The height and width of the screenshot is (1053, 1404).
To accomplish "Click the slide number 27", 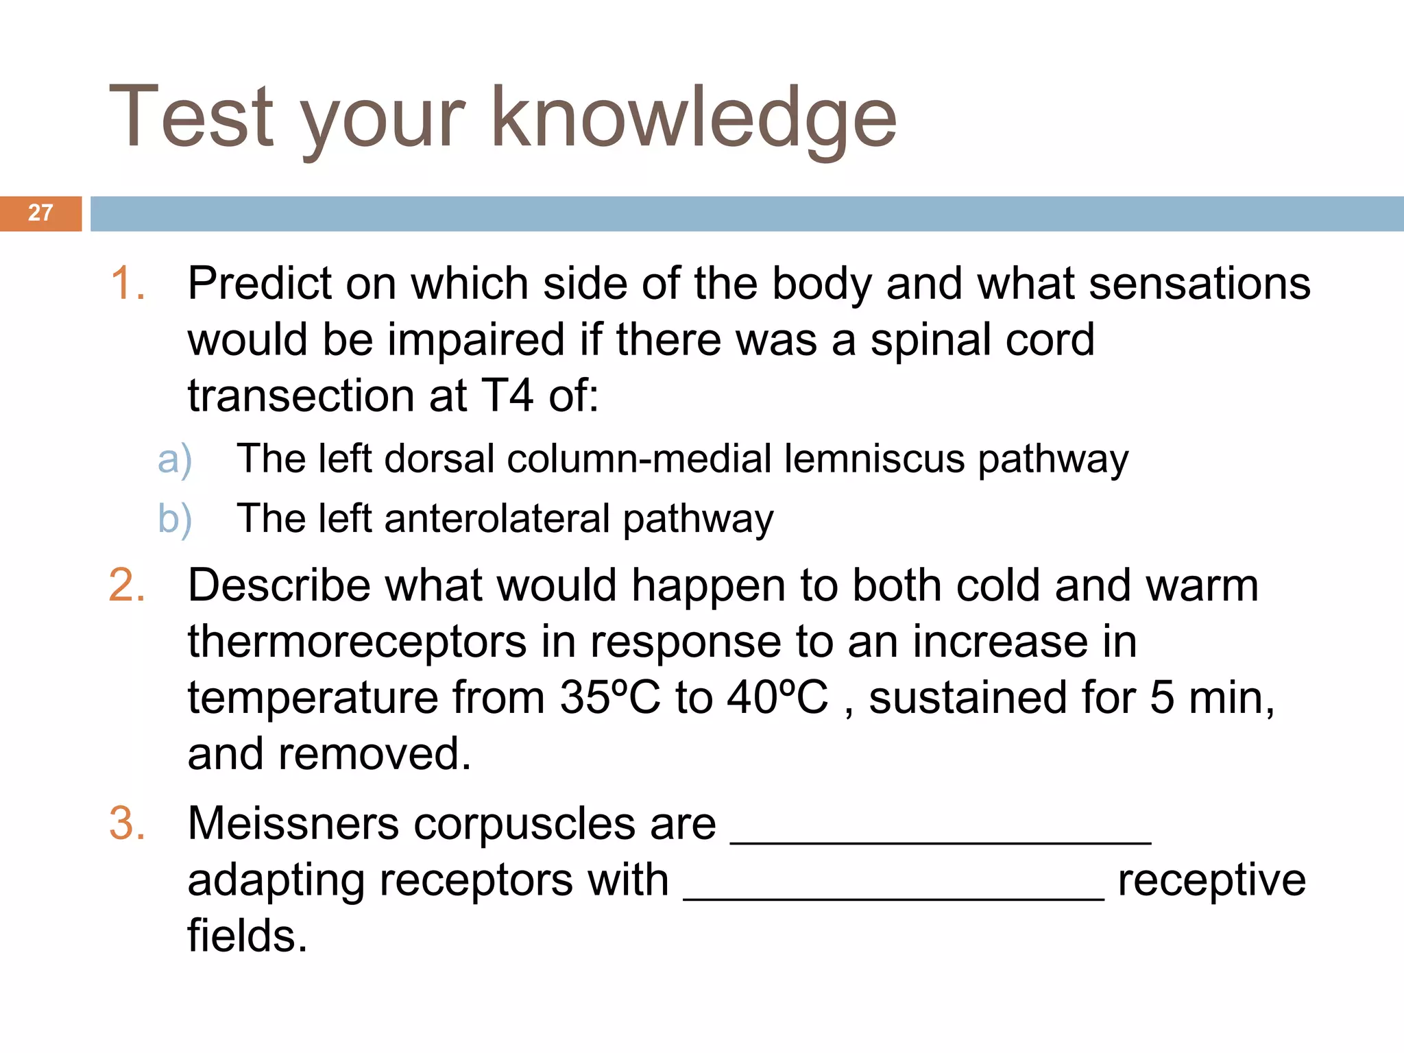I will (x=40, y=213).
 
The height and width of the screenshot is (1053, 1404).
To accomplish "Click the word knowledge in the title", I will (x=693, y=118).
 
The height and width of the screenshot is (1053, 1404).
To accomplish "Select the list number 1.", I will (x=128, y=284).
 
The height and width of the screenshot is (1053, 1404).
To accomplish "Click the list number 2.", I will (x=128, y=586).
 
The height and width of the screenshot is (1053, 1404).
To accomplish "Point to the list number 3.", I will (x=128, y=823).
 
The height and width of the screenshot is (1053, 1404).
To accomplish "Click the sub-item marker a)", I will (x=175, y=459).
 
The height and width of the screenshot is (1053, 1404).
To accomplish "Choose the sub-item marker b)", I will (x=175, y=519).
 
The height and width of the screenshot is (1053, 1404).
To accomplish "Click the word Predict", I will (x=259, y=284).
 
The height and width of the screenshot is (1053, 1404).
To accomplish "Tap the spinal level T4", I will (x=507, y=396).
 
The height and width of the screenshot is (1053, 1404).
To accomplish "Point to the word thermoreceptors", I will (x=357, y=642).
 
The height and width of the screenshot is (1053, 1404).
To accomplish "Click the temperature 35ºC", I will (x=609, y=698).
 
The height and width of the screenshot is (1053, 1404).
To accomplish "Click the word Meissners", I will (x=293, y=823).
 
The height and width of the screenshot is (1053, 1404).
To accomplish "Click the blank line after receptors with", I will (x=894, y=895).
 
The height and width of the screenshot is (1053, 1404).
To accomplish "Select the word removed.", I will (x=374, y=754).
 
